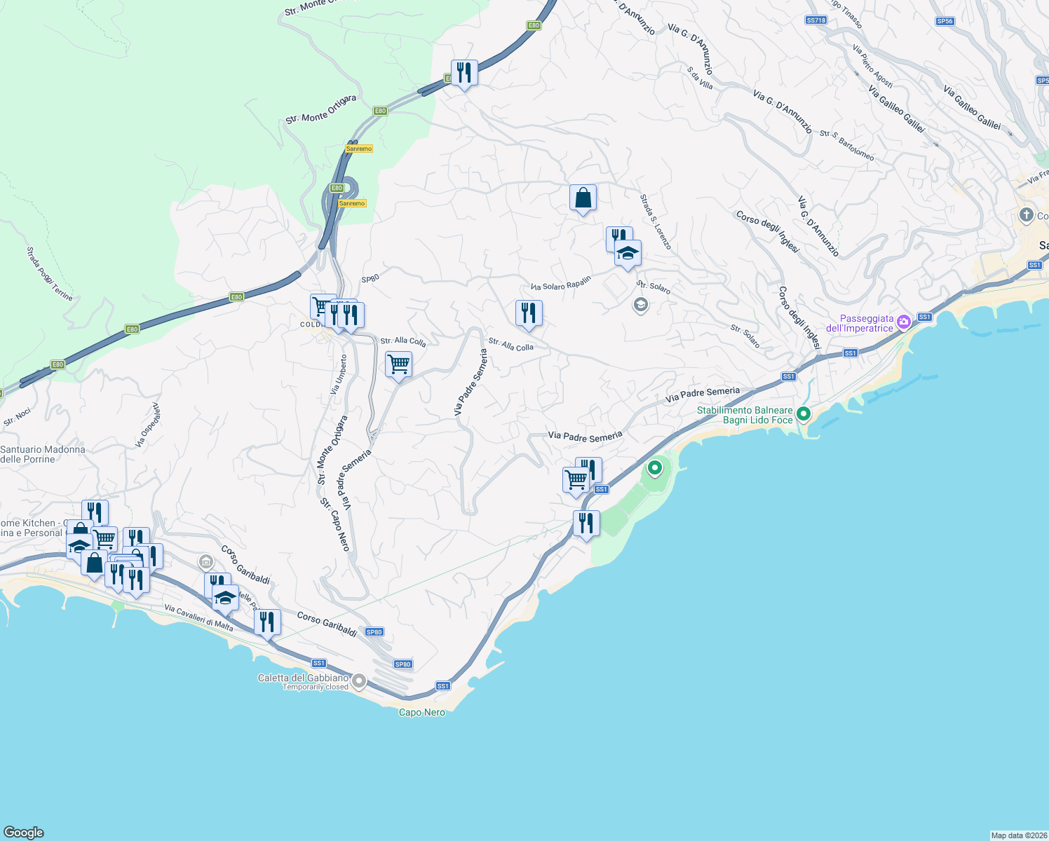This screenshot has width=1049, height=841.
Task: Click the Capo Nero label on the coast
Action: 421,713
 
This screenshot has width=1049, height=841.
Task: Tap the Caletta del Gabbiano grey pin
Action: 359,681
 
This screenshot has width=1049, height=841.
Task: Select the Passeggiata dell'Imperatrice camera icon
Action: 904,322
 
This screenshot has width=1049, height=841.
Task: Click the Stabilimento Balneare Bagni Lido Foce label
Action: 745,416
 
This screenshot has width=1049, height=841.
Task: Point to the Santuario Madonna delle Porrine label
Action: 42,454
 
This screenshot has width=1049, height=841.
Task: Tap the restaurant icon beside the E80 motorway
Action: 464,72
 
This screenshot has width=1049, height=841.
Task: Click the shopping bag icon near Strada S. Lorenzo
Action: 583,198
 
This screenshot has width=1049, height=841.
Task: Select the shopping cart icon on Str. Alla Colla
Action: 398,364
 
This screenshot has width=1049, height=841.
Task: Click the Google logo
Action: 24,833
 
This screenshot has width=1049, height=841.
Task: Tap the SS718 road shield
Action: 815,20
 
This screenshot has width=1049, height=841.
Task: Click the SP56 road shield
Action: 945,21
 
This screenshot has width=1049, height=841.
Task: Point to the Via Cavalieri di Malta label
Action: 198,617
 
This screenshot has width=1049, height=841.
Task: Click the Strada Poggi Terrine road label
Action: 49,273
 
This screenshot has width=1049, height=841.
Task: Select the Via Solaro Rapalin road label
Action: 561,283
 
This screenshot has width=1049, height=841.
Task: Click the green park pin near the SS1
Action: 655,467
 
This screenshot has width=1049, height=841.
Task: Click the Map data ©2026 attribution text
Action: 1018,835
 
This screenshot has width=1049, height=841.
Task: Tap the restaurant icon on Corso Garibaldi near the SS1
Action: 267,621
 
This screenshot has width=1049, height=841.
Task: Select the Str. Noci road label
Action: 18,417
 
